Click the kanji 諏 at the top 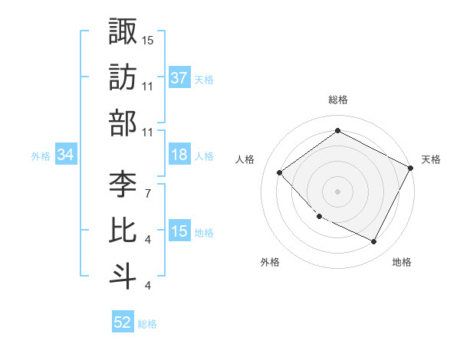coord(123,31)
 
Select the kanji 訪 coord(123,77)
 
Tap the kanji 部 coord(123,123)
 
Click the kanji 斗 coord(123,277)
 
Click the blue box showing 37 coord(179,78)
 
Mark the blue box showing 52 coord(123,322)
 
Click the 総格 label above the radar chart coord(338,100)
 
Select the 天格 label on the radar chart coord(431,159)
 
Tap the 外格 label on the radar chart coord(270,262)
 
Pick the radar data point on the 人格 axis coord(280,172)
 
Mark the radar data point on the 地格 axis coord(374,241)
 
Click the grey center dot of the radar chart coord(338,191)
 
